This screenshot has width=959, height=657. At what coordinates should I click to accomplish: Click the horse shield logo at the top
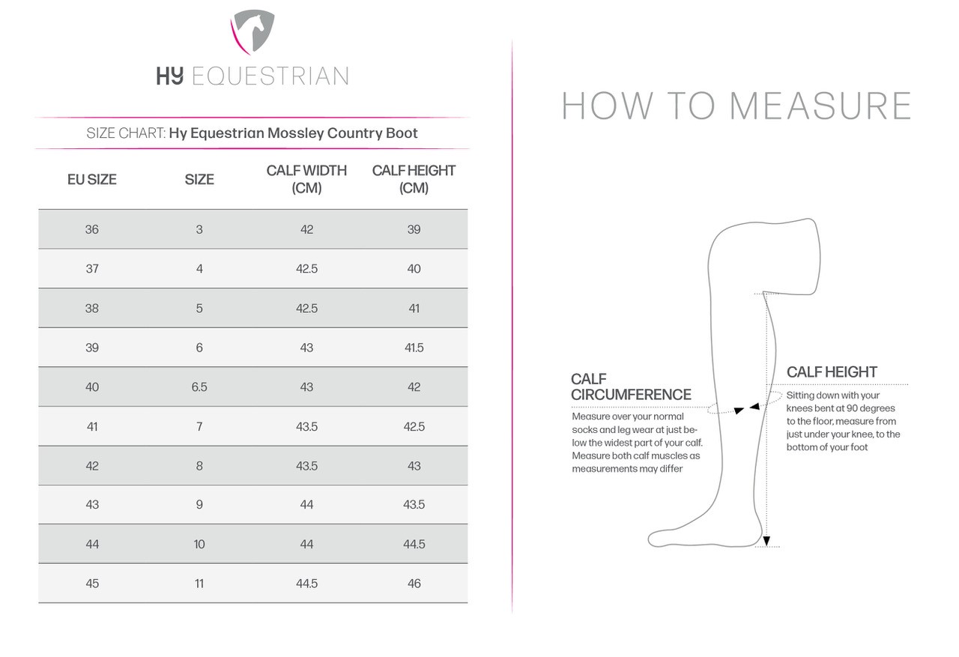tap(252, 32)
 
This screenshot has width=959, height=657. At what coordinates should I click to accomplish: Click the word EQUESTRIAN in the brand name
tap(270, 76)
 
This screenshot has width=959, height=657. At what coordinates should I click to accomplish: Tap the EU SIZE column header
tap(92, 180)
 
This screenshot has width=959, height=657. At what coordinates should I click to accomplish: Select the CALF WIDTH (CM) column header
tap(306, 179)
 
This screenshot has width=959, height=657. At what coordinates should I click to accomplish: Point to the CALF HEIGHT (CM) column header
tap(414, 179)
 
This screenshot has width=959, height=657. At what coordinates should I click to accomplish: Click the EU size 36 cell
tap(92, 229)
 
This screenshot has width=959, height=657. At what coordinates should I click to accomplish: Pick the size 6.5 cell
tap(199, 387)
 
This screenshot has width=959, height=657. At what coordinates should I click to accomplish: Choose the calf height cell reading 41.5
tap(414, 348)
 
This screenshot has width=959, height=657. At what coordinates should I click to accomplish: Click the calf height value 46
tap(414, 584)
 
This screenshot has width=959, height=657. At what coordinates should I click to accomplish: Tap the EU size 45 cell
tap(92, 584)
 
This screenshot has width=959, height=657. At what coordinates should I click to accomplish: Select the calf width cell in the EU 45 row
tap(306, 584)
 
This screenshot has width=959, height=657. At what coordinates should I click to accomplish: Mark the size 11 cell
tap(199, 584)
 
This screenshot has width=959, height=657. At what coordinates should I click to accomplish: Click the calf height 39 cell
tap(414, 229)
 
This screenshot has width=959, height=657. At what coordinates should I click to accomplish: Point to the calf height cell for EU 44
tap(414, 544)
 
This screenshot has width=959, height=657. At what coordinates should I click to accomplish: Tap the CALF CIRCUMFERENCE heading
tap(631, 387)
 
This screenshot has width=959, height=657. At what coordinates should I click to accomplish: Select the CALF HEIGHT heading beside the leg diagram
tap(832, 372)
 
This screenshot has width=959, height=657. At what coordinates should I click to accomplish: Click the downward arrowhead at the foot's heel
tap(766, 540)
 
